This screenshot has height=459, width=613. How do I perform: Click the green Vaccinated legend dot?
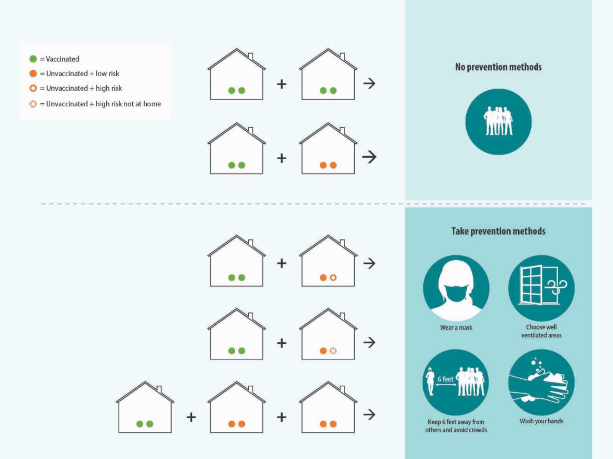click(x=33, y=59)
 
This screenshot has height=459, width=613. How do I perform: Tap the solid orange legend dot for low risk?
click(x=33, y=74)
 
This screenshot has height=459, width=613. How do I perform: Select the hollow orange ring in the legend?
click(x=33, y=88)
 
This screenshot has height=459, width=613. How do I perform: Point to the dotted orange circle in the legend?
click(x=33, y=104)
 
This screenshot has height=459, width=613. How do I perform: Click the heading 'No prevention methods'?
click(x=498, y=67)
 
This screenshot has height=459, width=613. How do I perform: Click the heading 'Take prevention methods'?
click(x=498, y=231)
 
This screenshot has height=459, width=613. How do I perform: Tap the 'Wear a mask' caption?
click(x=456, y=328)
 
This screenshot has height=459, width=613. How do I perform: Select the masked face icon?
click(x=456, y=288)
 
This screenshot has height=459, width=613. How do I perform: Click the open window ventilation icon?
click(x=541, y=288)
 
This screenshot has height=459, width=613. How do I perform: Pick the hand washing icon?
click(x=541, y=382)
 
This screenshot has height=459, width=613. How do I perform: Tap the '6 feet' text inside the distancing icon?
click(x=445, y=379)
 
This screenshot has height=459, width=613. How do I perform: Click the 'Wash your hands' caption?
click(x=541, y=421)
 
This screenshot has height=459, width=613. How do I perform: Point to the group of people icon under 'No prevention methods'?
click(x=498, y=121)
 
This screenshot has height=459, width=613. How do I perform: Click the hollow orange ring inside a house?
click(x=333, y=277)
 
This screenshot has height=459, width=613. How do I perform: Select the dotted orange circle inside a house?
click(x=333, y=351)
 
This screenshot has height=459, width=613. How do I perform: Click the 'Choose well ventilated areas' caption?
click(x=541, y=331)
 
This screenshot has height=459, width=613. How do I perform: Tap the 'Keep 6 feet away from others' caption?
click(x=456, y=426)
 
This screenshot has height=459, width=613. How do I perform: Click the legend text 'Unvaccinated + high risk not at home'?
click(x=104, y=104)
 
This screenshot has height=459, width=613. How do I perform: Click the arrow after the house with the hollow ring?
click(x=369, y=263)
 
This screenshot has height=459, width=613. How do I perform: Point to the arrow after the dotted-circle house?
click(x=369, y=342)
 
